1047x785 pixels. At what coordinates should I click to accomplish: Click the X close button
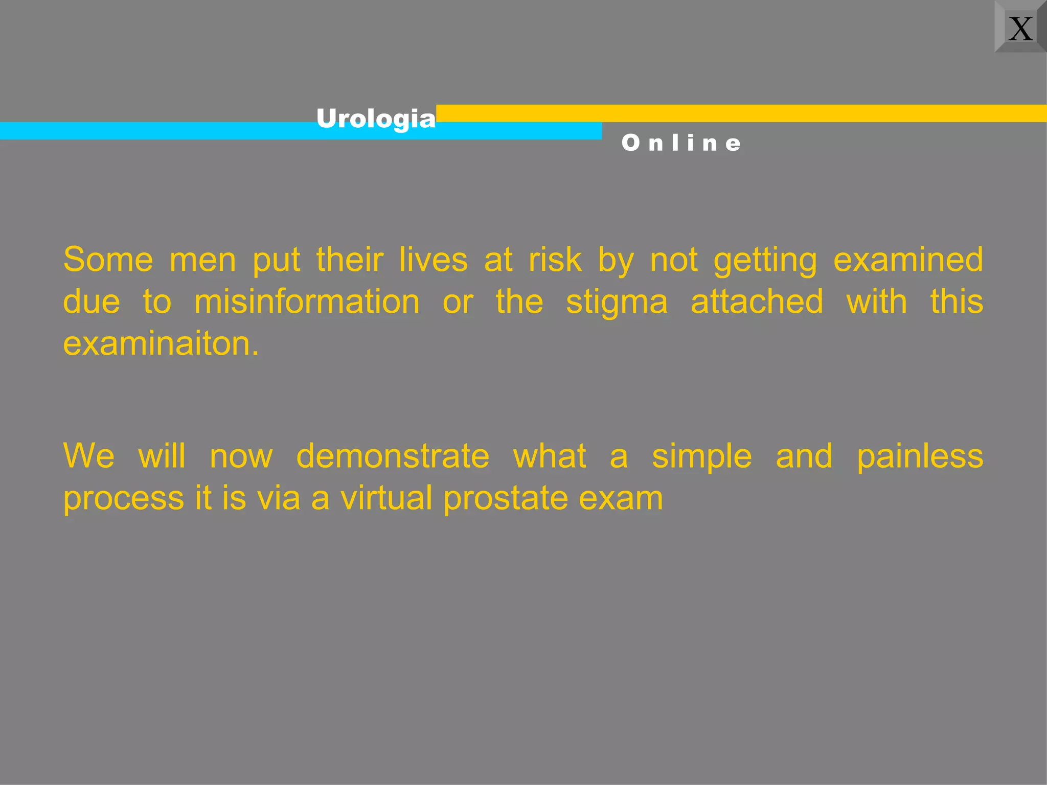[x=1020, y=28]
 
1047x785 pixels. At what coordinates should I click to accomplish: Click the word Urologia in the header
[x=376, y=119]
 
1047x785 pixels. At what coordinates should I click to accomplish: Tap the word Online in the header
[x=681, y=143]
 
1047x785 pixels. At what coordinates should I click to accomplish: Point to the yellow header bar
[x=741, y=113]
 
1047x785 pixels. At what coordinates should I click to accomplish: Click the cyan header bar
[x=153, y=131]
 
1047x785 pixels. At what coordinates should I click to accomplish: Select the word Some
[x=108, y=260]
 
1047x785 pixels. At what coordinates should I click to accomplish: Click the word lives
[x=433, y=260]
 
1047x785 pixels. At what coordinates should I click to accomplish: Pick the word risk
[x=555, y=260]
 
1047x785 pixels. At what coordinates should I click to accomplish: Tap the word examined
[x=908, y=260]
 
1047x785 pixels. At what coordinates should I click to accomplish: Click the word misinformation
[x=307, y=302]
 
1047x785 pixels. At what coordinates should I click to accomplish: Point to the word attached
[x=757, y=302]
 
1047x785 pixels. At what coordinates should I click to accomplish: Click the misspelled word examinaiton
[x=161, y=343]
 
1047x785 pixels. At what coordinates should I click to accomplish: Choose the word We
[x=89, y=456]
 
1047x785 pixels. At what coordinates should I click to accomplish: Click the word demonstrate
[x=393, y=456]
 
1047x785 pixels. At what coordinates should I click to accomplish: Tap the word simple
[x=701, y=457]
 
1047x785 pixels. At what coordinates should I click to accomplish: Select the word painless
[x=920, y=457]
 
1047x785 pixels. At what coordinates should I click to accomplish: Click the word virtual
[x=386, y=498]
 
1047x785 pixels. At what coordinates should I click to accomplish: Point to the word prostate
[x=506, y=499]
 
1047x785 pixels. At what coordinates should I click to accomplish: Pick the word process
[x=123, y=499]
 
